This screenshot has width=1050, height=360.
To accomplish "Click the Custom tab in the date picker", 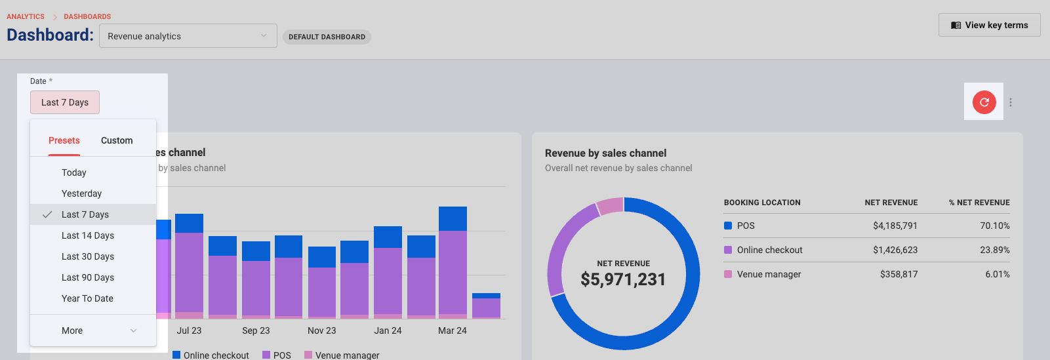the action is pos(117,140).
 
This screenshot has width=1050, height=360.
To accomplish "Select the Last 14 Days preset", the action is pos(88,235).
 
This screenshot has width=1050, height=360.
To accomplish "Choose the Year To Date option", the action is pos(87,298).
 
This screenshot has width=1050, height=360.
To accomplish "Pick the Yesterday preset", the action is pos(81,193).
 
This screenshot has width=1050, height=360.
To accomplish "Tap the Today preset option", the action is pos(74,172).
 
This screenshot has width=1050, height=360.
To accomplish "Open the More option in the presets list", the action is pos(93,330).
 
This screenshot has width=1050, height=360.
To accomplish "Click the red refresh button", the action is pos(984,102).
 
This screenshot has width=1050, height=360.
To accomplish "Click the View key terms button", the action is pos(989,26).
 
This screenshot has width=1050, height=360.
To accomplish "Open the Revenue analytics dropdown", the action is pos(188,36).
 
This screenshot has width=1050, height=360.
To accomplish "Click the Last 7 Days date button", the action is pos(65,102).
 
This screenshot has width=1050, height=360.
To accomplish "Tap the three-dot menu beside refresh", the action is pos(1011,102).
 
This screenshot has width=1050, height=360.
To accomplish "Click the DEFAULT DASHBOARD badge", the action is pos(327,37).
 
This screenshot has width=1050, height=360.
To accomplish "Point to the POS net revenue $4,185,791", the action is pos(895,226).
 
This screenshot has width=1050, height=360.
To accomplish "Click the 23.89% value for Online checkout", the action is pos(995,250).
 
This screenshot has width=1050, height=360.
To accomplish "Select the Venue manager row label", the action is pos(769,274).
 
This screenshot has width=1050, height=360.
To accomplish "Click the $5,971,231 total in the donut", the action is pos(623,279).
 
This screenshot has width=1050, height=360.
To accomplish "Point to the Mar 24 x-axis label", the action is pos(453,330).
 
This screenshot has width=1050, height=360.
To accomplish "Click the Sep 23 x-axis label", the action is pos(256,330).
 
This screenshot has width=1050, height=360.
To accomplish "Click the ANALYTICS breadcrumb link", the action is pos(26,16).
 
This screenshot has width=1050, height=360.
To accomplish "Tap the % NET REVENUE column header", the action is pos(979,203).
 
